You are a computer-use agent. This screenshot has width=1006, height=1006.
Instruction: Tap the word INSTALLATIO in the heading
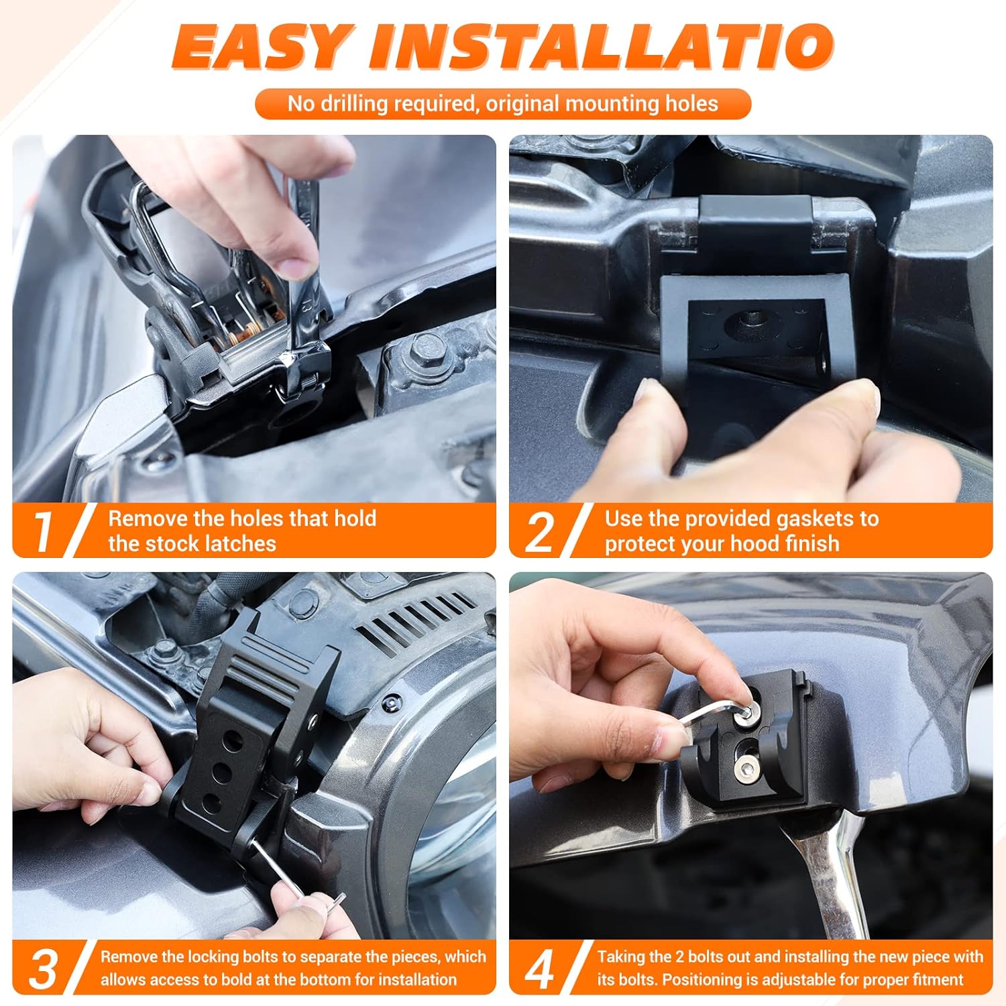tap(600, 47)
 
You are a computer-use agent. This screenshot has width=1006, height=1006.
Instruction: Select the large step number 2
tap(540, 532)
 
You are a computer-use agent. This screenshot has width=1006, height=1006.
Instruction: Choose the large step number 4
tap(540, 969)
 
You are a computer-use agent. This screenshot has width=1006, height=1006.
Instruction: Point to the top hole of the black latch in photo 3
tap(232, 742)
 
